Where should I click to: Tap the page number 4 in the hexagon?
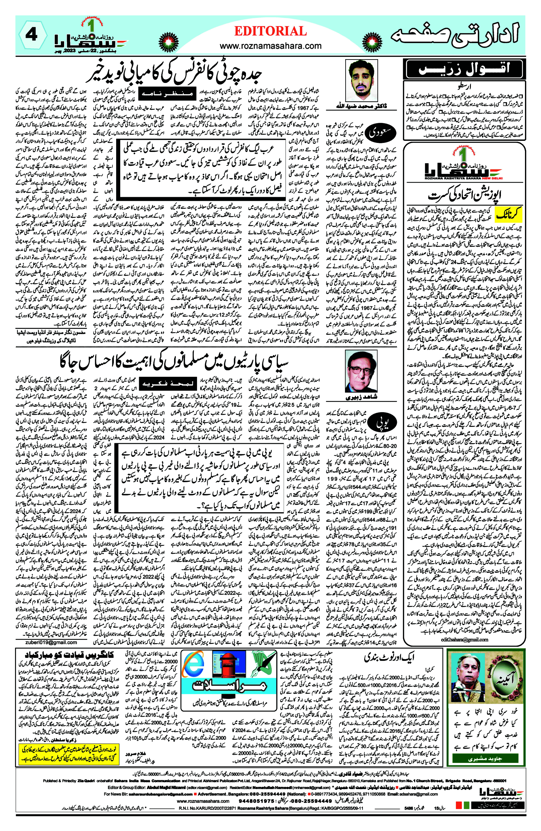coord(32,35)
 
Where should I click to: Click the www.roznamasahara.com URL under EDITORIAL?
coord(270,46)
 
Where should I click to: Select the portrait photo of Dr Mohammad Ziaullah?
coord(361,80)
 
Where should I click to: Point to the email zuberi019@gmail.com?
coord(51,642)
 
